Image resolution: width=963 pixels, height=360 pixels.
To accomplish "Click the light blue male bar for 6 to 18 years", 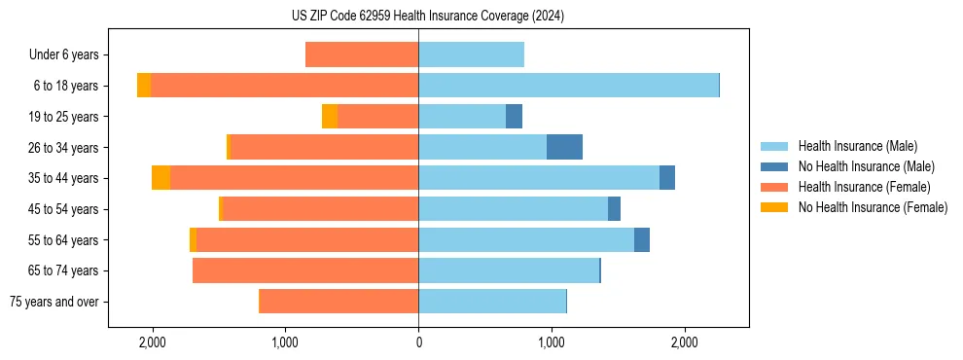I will click(x=568, y=86).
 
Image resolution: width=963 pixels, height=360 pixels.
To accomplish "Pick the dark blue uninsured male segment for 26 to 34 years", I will click(x=564, y=147).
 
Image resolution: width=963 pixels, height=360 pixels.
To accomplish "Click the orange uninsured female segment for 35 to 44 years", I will click(x=160, y=178).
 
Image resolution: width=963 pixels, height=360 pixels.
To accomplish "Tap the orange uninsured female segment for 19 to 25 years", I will click(x=330, y=116).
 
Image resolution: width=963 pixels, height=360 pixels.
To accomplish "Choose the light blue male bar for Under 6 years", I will click(x=471, y=54).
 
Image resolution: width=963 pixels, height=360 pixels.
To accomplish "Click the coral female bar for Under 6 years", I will click(x=362, y=54).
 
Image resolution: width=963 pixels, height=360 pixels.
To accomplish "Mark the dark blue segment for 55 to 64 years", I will click(x=642, y=239).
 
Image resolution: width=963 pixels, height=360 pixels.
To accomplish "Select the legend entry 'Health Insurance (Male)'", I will click(x=857, y=146).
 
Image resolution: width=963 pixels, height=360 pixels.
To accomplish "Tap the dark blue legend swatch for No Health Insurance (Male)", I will click(x=774, y=166).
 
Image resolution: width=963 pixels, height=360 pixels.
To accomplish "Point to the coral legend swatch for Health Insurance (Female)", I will click(x=774, y=187).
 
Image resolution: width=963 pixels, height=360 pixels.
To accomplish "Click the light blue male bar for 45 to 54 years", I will click(x=513, y=209).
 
